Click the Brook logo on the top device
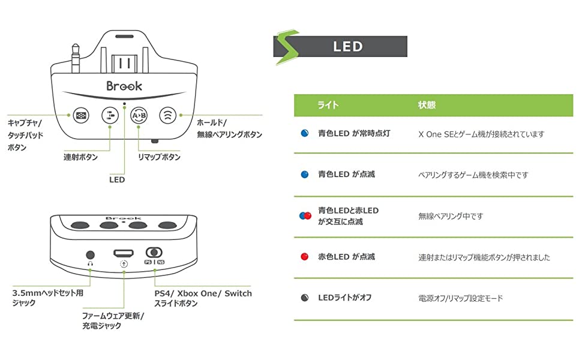tap(124, 86)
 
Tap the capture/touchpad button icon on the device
tap(80, 115)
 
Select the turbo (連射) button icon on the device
tap(110, 115)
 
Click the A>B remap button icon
tap(139, 115)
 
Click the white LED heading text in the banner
tap(348, 47)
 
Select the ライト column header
tap(328, 105)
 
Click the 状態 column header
tap(427, 105)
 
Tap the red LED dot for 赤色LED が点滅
tap(304, 257)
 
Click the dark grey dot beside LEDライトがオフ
tap(304, 298)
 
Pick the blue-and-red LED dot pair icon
tap(305, 216)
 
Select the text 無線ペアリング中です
tap(450, 216)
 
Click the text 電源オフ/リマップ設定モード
tap(460, 298)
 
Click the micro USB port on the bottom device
tap(124, 253)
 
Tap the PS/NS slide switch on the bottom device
tap(154, 253)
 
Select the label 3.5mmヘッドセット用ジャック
tap(47, 298)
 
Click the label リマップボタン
tap(159, 157)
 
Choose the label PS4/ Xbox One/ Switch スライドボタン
tap(203, 298)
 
